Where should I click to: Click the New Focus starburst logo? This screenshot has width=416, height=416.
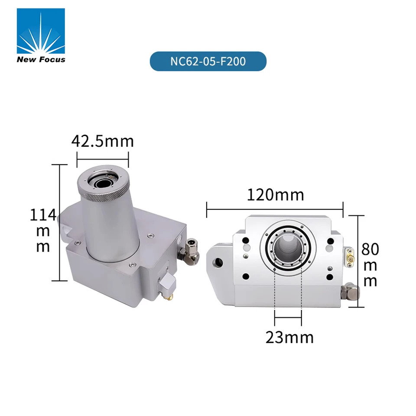(41, 31)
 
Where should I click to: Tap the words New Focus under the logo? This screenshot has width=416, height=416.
(41, 59)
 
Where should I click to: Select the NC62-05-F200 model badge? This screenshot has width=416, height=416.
(208, 61)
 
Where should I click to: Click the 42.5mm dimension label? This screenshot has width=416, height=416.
(102, 141)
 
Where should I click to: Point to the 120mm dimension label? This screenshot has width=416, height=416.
(276, 195)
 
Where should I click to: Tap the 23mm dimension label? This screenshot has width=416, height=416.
(289, 338)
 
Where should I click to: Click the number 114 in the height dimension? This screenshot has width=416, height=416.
(43, 214)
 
